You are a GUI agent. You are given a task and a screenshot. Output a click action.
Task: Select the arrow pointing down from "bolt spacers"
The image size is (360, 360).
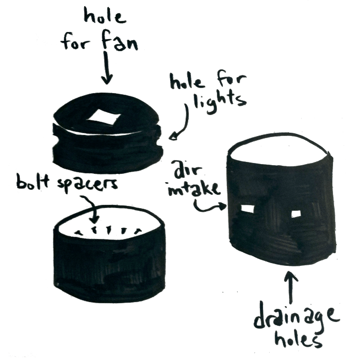[x=95, y=215]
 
